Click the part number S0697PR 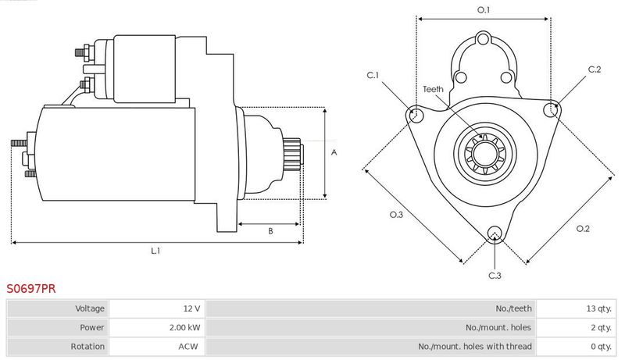[x=31, y=289]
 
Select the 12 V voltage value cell [x=157, y=308]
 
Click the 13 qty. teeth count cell [x=576, y=308]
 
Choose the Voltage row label [x=90, y=308]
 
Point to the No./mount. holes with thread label [x=475, y=347]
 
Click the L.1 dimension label [x=155, y=251]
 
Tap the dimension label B [x=270, y=231]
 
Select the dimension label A [x=334, y=152]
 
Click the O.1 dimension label [x=484, y=10]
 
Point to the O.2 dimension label [x=583, y=229]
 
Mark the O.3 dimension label [x=396, y=215]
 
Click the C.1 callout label [x=373, y=75]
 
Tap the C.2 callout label [x=595, y=70]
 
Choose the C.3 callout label [x=495, y=276]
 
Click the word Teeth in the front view [x=433, y=89]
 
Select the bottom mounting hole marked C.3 [x=495, y=233]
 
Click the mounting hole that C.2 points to [x=551, y=109]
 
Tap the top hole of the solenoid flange [x=483, y=39]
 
